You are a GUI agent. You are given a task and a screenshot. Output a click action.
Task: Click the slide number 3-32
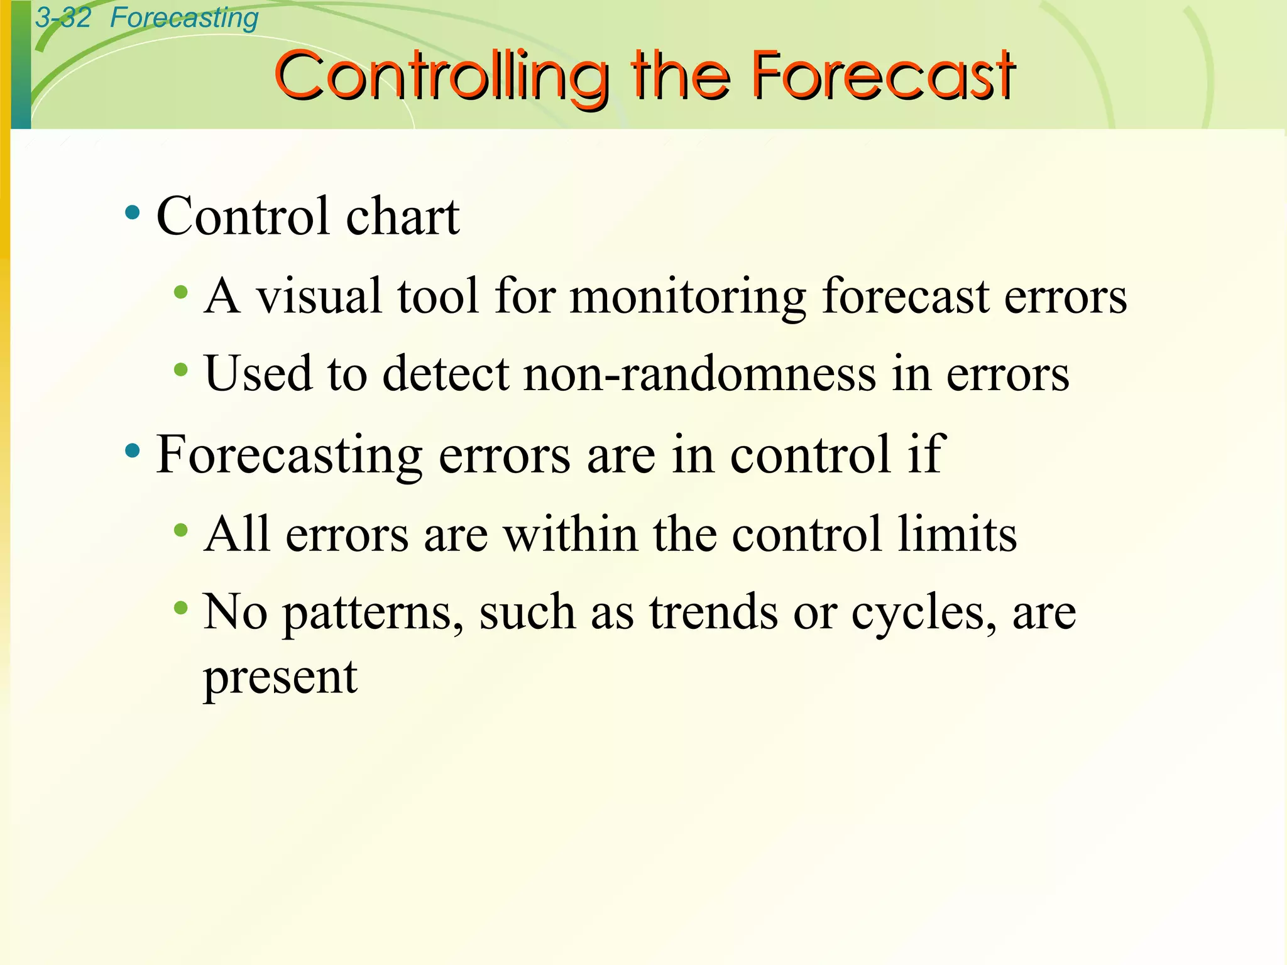click(x=63, y=18)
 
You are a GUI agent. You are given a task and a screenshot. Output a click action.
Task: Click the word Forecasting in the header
click(x=184, y=18)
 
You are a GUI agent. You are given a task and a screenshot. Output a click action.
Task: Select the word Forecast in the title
click(x=883, y=76)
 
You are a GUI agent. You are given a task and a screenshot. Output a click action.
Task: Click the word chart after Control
click(x=403, y=216)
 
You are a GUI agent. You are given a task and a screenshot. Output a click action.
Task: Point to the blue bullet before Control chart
click(x=132, y=213)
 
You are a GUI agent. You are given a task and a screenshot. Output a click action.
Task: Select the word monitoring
click(x=687, y=297)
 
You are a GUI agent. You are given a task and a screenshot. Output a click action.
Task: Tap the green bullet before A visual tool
click(x=181, y=292)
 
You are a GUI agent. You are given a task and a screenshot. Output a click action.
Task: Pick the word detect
click(x=446, y=374)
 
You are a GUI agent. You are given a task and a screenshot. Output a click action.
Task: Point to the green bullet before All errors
click(x=181, y=531)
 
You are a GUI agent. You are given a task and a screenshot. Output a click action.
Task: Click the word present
click(x=280, y=679)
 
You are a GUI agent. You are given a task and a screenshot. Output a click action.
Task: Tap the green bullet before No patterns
click(x=181, y=608)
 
